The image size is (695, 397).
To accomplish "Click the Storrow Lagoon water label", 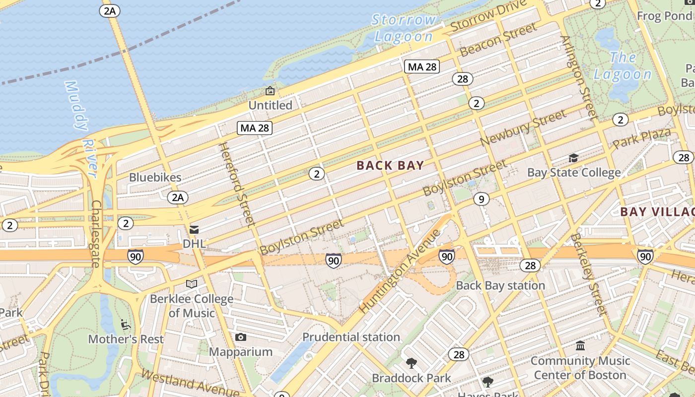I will point(404,28).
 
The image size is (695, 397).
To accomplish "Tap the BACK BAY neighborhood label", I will point(390,166).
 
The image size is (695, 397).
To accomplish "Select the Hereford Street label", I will point(236,185).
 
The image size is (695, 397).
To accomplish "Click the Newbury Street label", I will point(523,128).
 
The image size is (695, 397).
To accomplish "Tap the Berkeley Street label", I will point(588,275).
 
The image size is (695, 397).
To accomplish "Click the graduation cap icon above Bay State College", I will point(573,158).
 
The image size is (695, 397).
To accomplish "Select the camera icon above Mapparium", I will point(241,337).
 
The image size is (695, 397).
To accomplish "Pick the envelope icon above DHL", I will point(194,229).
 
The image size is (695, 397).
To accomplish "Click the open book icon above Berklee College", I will point(192,284).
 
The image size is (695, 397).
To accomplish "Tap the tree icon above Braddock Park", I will point(411,363).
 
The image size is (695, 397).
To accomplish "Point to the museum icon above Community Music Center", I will point(580,346).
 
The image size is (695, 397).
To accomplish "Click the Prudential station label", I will point(351,337).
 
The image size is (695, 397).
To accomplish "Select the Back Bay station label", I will point(500,286).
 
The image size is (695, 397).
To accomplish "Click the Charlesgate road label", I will point(95,234).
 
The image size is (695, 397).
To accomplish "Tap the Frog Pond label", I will point(664,16).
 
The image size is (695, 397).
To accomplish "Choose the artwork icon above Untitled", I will point(270,91).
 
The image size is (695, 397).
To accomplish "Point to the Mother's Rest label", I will point(126,339).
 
